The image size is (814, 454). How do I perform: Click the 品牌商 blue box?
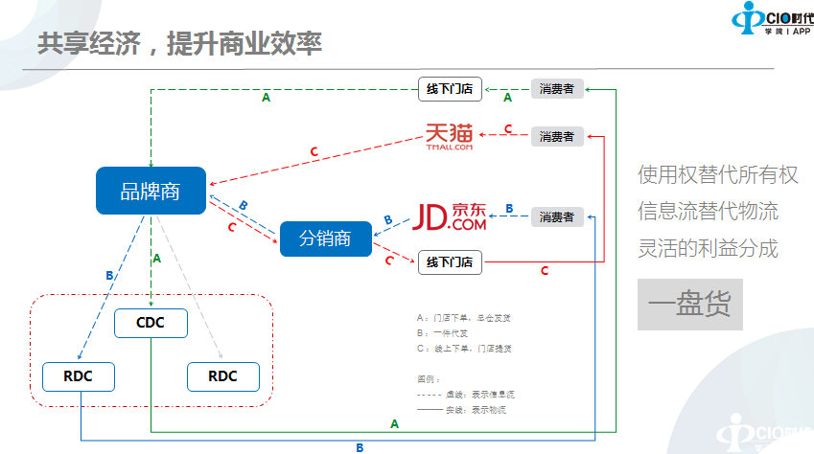point(151,191)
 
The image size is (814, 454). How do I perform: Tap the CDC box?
point(151,323)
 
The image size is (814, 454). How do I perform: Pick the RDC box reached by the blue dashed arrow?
point(79,376)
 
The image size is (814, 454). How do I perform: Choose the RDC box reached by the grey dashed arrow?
point(222,376)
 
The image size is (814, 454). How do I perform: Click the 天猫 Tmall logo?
point(450,137)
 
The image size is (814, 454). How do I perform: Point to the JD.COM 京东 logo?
point(450,217)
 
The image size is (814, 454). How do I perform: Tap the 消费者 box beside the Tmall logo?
point(557,136)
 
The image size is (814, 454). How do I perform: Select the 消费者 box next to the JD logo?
point(557,217)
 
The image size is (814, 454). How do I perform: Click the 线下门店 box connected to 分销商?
point(450,261)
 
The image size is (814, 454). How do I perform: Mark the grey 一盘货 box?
point(689,306)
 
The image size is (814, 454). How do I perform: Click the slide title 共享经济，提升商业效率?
point(179,44)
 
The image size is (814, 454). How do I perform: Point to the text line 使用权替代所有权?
point(718,175)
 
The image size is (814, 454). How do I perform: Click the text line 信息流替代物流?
point(709,211)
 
